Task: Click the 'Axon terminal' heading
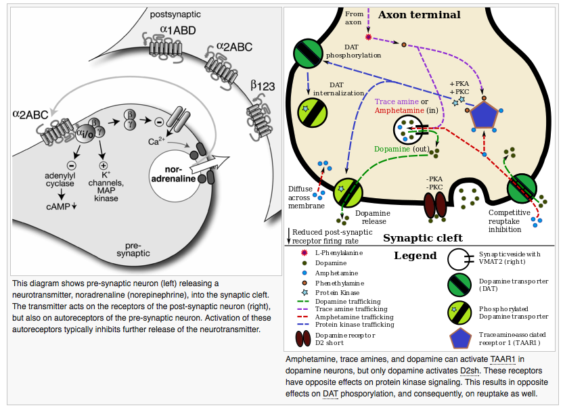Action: pos(419,15)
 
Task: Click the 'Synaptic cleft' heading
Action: pos(422,238)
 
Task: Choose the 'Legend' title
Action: pos(415,256)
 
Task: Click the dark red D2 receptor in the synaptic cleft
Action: pos(435,206)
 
